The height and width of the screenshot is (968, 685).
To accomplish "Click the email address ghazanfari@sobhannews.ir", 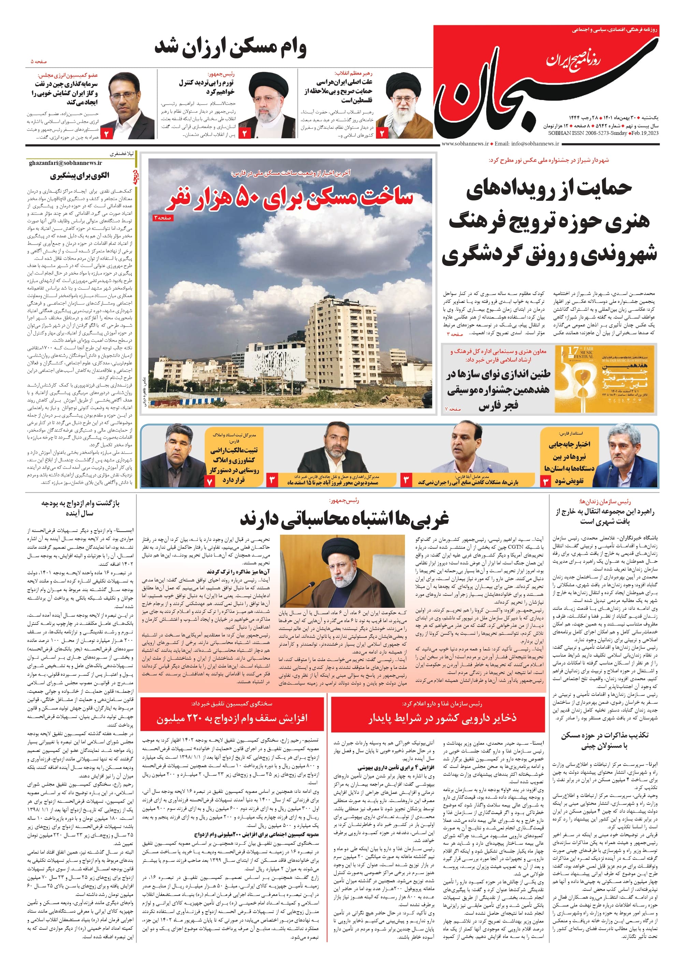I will [65, 163].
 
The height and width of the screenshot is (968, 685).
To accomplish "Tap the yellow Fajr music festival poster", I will [604, 379].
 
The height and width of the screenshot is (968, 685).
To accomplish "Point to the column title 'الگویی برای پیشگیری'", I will [80, 176].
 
